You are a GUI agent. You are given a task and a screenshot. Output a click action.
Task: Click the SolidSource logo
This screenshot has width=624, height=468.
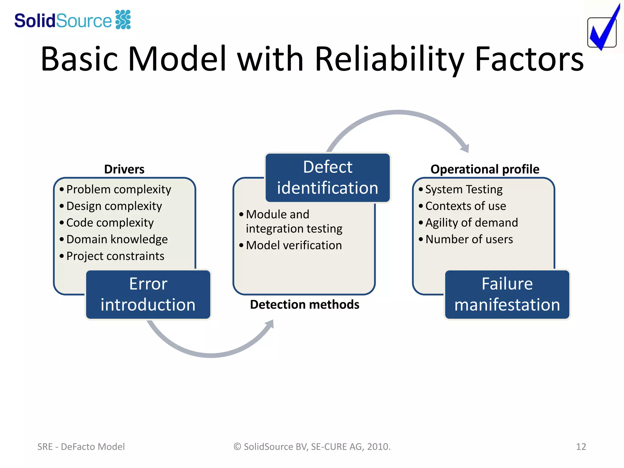[x=73, y=20]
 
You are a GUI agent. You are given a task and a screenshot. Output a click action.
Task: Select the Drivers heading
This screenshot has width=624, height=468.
[x=124, y=169]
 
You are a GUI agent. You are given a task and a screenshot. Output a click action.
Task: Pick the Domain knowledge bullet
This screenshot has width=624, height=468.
[x=117, y=239]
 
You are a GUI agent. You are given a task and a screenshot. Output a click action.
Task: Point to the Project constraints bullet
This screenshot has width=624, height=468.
[x=115, y=256]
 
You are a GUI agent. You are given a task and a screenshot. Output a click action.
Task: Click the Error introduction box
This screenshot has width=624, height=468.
[x=148, y=295]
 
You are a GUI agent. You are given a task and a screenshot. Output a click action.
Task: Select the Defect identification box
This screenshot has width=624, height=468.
[x=328, y=178]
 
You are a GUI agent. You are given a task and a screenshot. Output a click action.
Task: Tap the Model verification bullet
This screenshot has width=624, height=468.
[x=293, y=245]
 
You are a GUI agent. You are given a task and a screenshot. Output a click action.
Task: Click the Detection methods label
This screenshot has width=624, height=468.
[x=304, y=305]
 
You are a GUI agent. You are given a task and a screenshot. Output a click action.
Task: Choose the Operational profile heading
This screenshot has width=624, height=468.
[x=485, y=169]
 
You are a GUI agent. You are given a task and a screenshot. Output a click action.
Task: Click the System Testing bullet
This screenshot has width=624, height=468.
[x=463, y=190]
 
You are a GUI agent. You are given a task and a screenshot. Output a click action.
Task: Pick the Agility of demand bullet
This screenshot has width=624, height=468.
[x=471, y=223]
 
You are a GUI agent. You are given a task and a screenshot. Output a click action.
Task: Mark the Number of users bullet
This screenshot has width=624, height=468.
[x=469, y=239]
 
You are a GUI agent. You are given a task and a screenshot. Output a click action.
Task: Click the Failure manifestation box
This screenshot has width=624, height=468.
[x=507, y=295]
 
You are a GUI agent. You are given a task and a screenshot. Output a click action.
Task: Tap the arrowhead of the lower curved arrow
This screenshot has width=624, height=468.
[x=269, y=325]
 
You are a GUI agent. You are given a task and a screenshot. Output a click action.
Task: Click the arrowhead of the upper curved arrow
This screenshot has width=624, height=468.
[x=465, y=148]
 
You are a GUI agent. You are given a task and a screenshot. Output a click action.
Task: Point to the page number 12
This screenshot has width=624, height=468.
[x=581, y=447]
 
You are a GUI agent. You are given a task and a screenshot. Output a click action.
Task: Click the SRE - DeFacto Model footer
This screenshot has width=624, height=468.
[x=81, y=447]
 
